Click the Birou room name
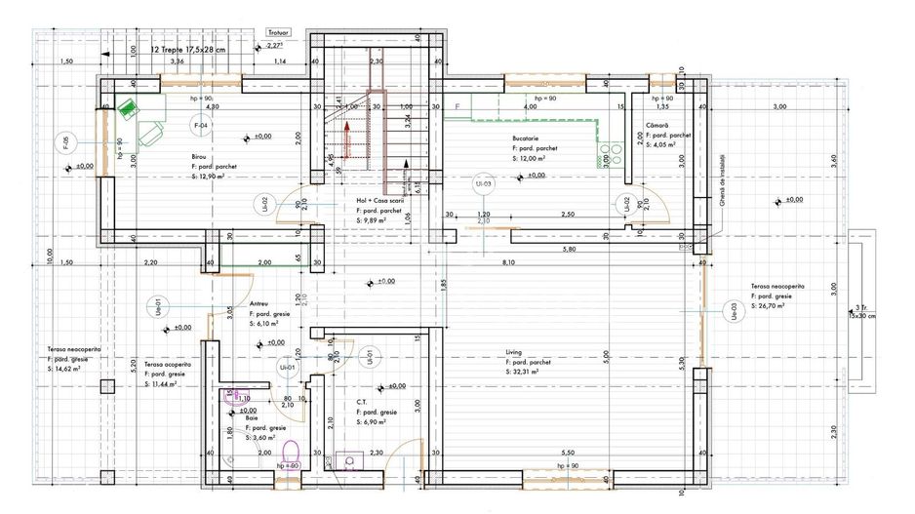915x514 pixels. (200, 156)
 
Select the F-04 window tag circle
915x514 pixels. (200, 127)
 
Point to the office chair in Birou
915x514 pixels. (151, 134)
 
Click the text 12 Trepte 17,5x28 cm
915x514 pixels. (188, 48)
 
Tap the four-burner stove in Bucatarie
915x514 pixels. (611, 154)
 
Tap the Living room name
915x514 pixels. (515, 352)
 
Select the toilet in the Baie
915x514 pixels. (290, 455)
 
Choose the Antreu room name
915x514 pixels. (259, 303)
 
